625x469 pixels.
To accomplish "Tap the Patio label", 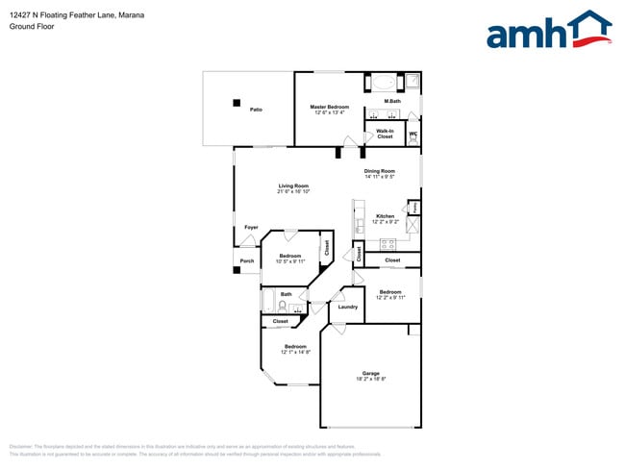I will [257, 110].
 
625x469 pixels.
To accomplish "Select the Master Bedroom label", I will [329, 107].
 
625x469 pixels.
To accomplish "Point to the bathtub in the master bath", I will [385, 81].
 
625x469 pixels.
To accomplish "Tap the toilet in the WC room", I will [414, 137].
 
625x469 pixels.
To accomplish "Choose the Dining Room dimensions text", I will [380, 177].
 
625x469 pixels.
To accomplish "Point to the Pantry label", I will [414, 206].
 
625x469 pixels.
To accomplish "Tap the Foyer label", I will [251, 228].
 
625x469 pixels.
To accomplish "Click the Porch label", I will [247, 260].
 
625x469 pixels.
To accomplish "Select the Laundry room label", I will [348, 308].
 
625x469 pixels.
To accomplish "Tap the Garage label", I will [370, 373].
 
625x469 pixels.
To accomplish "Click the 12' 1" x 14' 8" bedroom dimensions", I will [295, 352].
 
